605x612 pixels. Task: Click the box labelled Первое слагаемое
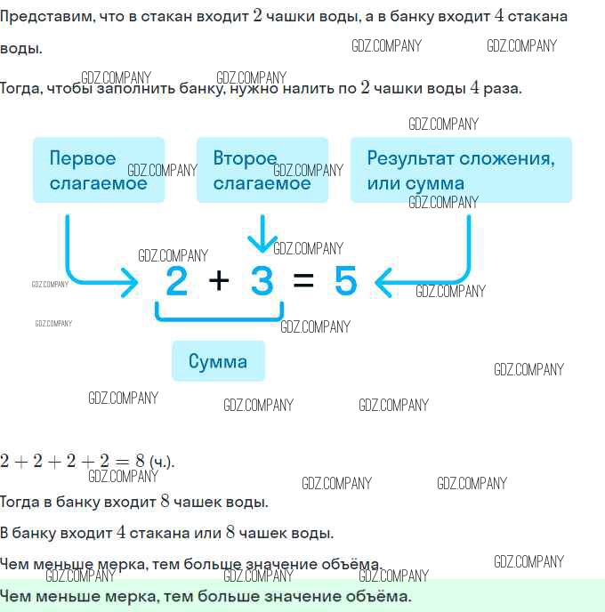click(99, 170)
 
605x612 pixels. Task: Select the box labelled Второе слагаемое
click(262, 170)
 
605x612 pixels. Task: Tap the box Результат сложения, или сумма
click(461, 170)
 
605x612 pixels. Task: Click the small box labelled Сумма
click(218, 361)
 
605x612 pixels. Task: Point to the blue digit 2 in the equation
click(176, 280)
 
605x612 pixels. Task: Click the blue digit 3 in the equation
click(262, 280)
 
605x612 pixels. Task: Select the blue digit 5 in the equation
click(346, 280)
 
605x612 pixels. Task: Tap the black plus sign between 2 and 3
click(219, 280)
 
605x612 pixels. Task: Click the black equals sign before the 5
click(303, 280)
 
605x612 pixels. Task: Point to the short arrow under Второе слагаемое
click(262, 233)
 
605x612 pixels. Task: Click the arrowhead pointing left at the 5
click(383, 282)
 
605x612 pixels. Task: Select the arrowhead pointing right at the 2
click(130, 282)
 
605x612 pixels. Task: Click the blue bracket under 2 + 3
click(219, 319)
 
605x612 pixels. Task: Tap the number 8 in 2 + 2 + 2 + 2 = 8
click(140, 461)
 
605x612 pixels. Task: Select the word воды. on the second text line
click(21, 49)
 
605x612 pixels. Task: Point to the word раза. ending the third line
click(503, 89)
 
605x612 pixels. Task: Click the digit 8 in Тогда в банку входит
click(165, 501)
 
